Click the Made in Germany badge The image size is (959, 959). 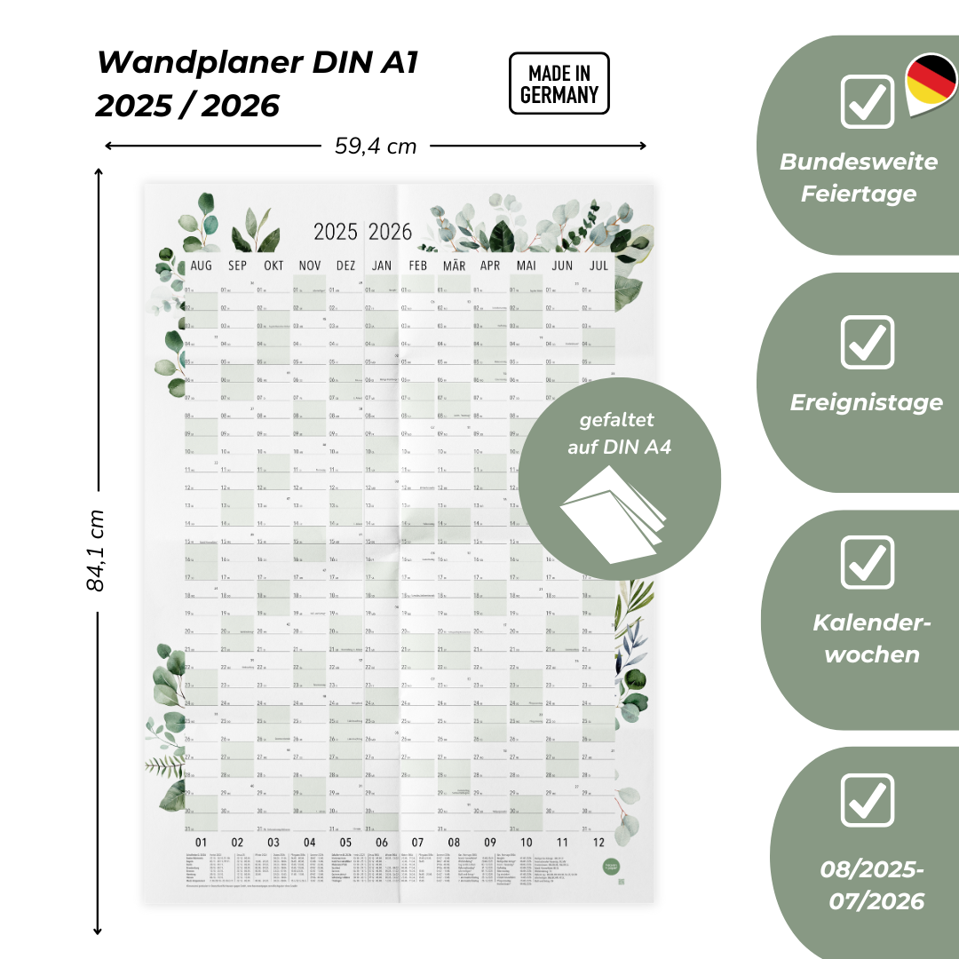coord(559,83)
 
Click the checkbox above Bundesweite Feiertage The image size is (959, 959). coord(868,101)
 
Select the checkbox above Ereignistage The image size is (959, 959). coord(868,341)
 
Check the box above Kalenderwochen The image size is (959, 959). coord(868,561)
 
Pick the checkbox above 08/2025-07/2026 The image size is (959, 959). coord(868,799)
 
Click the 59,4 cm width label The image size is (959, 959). coord(376,147)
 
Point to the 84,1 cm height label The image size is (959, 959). coord(96,551)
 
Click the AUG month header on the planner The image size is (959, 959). coord(202,266)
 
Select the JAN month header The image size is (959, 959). coord(382,266)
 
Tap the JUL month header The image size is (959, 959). coord(599,266)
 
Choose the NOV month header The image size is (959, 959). coord(310,266)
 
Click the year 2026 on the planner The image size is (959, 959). coord(391,232)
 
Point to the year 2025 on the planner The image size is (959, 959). coord(335,232)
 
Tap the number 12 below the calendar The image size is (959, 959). coord(598,843)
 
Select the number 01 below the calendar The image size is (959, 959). coord(201,843)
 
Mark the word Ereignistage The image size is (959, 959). coord(867,403)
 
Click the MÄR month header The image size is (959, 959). coord(454,266)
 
